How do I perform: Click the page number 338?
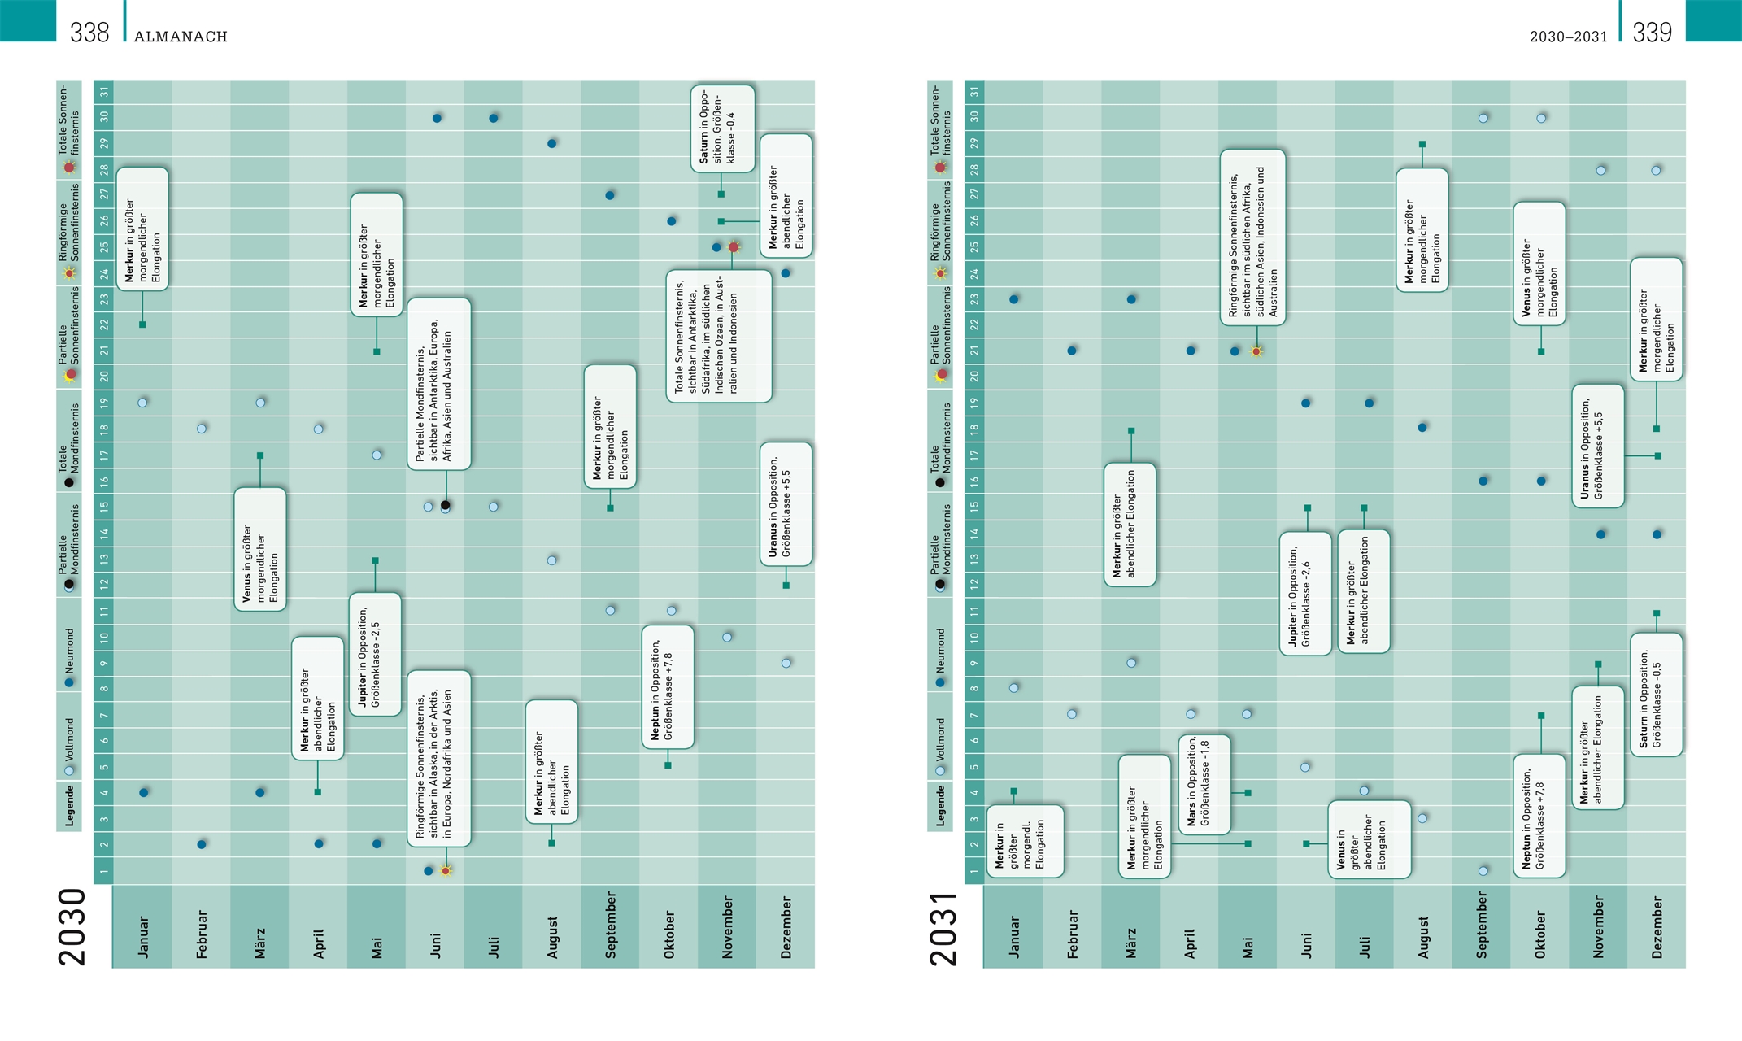tap(89, 33)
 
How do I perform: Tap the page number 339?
tap(1652, 33)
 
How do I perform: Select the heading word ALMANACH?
tap(181, 37)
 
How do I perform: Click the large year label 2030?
tap(72, 926)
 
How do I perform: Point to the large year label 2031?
tap(944, 928)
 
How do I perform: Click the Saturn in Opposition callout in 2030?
tap(722, 128)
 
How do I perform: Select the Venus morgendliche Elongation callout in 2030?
tap(260, 549)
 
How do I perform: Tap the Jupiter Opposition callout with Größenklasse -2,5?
tap(375, 655)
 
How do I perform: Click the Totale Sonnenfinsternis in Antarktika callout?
tap(719, 336)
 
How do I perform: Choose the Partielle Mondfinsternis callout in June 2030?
tap(439, 383)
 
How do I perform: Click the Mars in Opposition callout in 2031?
tap(1204, 784)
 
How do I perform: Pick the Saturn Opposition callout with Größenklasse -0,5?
tap(1656, 695)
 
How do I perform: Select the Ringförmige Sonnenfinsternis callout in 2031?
tap(1252, 237)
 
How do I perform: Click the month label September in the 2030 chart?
tap(611, 925)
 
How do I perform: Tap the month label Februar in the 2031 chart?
tap(1072, 934)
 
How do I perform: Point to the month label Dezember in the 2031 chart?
tap(1657, 927)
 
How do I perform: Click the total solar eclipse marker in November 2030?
tap(734, 246)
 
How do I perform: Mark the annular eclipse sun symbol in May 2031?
tap(1256, 351)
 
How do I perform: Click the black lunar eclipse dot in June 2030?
tap(446, 505)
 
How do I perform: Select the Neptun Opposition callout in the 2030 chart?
tap(668, 687)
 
